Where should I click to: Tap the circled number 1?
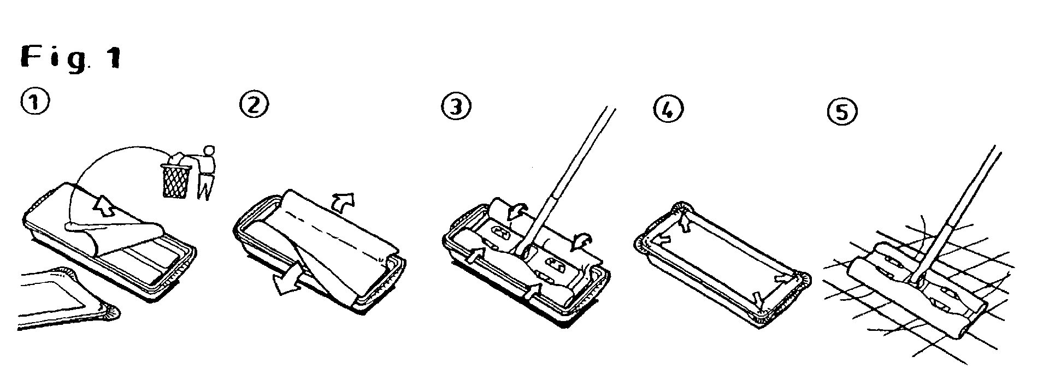(36, 102)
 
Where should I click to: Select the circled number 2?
(254, 104)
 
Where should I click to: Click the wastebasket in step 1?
(175, 177)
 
